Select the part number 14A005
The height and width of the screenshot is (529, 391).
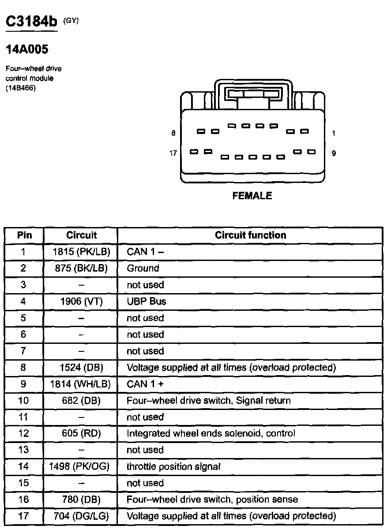pos(26,49)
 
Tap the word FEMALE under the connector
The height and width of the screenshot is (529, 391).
pos(252,196)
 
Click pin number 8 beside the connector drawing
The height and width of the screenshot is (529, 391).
pos(173,133)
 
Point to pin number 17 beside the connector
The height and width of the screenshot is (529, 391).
pos(173,153)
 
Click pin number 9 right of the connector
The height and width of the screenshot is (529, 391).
pos(334,153)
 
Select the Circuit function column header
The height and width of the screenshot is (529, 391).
pos(250,235)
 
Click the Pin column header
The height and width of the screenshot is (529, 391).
pos(24,235)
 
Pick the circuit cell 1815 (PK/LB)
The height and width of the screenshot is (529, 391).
pos(81,252)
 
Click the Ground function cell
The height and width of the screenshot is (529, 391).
pos(143,268)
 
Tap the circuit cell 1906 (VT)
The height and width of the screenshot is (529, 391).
pos(81,302)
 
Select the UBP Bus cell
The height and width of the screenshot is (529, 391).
pos(147,302)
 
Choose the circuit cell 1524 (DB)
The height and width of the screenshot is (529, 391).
pos(81,368)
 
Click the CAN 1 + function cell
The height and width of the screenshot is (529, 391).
pos(145,384)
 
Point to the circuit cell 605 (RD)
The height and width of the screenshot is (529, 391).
pos(81,434)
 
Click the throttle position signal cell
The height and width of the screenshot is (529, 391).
pos(173,467)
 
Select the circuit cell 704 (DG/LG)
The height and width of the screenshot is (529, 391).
pos(81,516)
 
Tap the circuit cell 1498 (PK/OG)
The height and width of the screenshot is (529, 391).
pos(81,467)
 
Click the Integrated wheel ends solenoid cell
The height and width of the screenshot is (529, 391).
pos(211,434)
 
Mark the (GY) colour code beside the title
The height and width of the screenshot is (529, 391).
pos(71,20)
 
